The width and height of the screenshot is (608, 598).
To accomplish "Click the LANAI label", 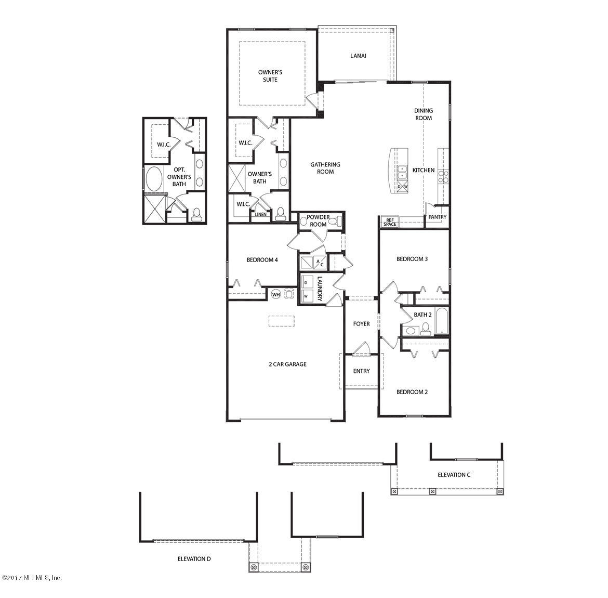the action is point(358,56).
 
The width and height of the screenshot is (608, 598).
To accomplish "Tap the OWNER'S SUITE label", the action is point(270,76).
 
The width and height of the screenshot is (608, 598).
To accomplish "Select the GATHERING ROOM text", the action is point(325,168).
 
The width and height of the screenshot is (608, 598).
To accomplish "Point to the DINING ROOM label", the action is point(424,114).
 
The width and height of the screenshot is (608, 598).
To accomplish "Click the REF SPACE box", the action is point(390,222).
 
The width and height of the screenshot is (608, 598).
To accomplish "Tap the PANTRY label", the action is point(438,217).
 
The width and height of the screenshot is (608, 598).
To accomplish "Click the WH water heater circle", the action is point(276,294).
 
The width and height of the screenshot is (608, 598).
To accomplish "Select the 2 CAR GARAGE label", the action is point(288,364).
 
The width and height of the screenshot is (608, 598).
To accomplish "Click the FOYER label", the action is point(361,323).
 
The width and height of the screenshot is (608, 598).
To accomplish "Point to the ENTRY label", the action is point(361,371).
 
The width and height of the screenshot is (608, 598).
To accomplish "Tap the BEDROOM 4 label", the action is point(262,259).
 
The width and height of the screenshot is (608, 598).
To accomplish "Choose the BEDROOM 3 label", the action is point(412,259).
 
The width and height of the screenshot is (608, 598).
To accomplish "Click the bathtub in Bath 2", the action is point(442,320).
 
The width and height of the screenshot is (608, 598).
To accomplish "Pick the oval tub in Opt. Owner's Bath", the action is point(154,179).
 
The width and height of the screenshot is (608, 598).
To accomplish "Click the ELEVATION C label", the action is point(454,475).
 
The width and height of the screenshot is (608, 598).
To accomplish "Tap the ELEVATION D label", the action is point(194,559).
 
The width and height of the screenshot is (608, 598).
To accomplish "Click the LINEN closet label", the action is point(260,214).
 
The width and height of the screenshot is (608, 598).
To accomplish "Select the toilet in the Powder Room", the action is point(336,221).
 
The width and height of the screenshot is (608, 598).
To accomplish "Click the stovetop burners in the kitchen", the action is point(443,177).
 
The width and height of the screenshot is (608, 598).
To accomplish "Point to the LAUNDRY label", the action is point(320,288).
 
